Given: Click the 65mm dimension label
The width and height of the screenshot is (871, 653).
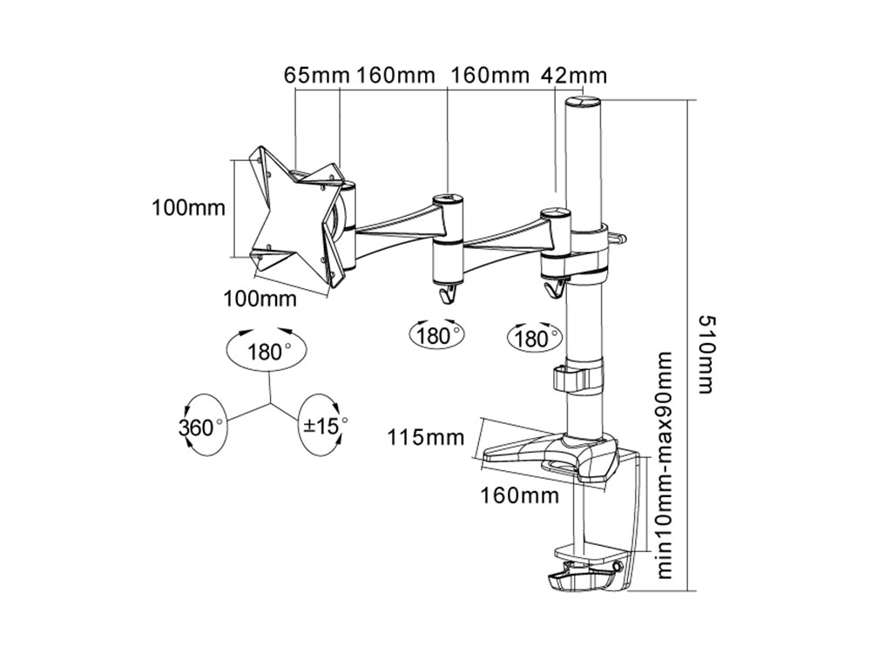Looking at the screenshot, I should coord(316,74).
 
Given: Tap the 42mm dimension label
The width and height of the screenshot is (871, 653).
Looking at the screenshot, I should coord(574,74).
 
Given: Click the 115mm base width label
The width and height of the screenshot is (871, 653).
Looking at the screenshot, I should coord(426,437).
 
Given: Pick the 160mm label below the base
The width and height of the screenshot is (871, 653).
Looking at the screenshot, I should coord(519,496).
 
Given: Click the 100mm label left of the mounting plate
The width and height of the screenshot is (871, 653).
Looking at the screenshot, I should coord(188,207).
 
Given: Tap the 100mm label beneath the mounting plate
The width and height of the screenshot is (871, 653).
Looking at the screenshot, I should coord(260,299).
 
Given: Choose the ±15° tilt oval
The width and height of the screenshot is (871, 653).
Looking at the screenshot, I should coord(324,426).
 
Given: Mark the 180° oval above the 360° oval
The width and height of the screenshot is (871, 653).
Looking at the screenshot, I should coord(267,353).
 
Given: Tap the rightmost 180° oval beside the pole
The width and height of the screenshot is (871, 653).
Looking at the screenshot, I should coord(535,337).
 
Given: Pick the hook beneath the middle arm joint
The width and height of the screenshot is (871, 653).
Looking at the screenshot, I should coord(449,293).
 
